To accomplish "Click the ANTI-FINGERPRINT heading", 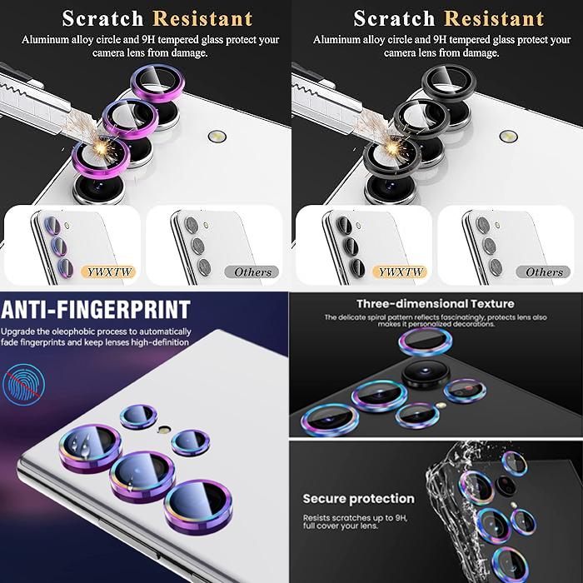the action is tap(96, 310).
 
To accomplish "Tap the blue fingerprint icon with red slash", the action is tap(23, 385).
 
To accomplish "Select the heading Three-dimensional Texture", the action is tap(436, 304).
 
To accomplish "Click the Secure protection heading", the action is tap(358, 499).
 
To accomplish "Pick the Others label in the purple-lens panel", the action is tap(252, 272).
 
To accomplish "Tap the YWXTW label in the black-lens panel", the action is tap(400, 272).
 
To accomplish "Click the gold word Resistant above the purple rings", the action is tap(202, 18).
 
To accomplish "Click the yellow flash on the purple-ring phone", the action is tap(217, 136).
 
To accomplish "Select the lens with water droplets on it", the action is tap(90, 448).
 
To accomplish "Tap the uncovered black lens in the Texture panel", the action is tap(426, 374).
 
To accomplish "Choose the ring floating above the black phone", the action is tap(426, 341).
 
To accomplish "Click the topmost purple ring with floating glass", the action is tap(157, 83).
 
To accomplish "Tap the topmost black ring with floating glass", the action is tap(449, 83).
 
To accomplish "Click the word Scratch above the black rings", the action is tap(394, 18).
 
